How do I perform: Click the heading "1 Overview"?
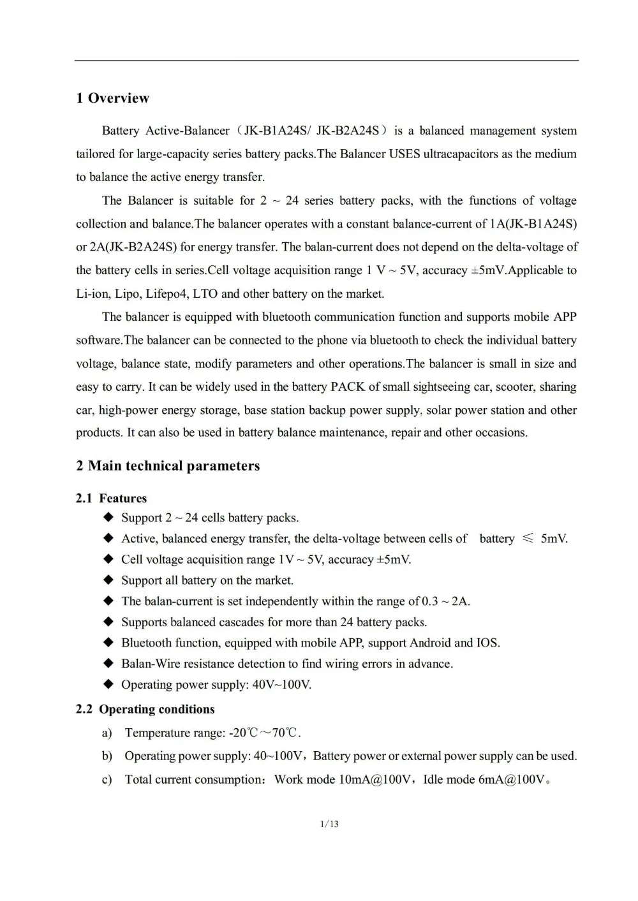pos(112,98)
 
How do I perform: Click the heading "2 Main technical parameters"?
pos(168,466)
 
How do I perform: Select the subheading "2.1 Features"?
pos(111,499)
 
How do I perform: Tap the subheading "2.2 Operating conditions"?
pos(145,710)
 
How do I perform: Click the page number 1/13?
pos(330,824)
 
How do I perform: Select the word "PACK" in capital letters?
pos(347,387)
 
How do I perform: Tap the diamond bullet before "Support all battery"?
pos(108,580)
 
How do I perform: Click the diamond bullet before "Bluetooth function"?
pos(108,643)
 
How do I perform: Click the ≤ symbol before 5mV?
pos(528,539)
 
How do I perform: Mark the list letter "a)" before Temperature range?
pos(107,733)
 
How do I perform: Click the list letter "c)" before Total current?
pos(107,780)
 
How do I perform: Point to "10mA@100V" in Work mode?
pos(375,780)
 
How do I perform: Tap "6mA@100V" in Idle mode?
pos(512,780)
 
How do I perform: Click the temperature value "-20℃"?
pos(244,733)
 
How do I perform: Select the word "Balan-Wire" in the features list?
pos(151,664)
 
